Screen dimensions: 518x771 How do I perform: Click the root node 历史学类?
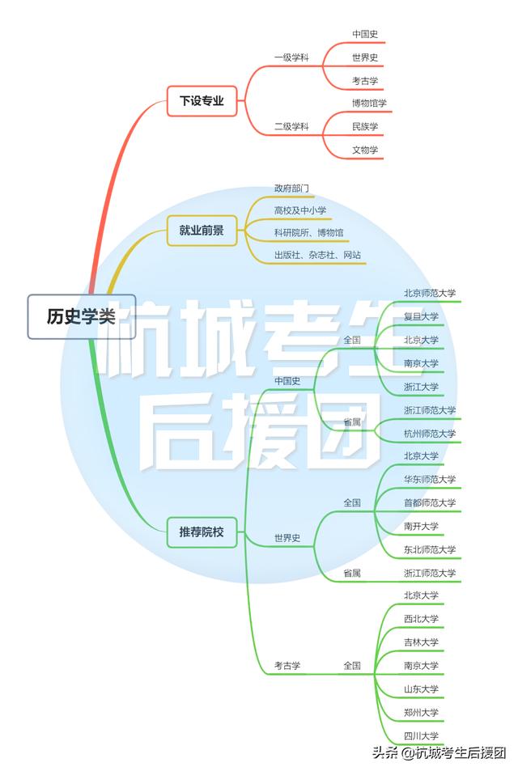(x=81, y=316)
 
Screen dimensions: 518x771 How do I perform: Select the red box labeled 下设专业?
(x=202, y=101)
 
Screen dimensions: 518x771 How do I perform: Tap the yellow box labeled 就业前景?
(x=202, y=230)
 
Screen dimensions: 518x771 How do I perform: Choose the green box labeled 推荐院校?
(x=202, y=532)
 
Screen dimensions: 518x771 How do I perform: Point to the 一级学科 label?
(x=291, y=57)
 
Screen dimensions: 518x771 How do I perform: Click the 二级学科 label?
(x=291, y=126)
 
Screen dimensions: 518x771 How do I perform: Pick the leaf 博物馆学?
(x=369, y=104)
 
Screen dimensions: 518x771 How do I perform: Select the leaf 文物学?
(x=365, y=150)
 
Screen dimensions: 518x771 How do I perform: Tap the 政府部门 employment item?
(x=291, y=189)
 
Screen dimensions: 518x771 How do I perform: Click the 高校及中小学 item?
(x=300, y=210)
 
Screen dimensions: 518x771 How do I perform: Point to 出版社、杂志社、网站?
(x=318, y=255)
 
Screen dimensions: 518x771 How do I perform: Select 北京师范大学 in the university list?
(x=430, y=293)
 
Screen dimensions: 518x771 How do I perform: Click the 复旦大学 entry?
(x=421, y=316)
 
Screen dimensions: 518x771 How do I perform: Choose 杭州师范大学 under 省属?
(x=430, y=434)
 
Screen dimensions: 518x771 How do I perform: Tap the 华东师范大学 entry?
(x=430, y=480)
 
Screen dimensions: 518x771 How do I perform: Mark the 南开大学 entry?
(x=421, y=526)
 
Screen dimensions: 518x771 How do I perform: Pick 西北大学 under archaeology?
(x=421, y=619)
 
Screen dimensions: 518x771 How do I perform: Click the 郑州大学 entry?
(x=421, y=713)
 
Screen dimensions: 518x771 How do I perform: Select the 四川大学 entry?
(x=421, y=736)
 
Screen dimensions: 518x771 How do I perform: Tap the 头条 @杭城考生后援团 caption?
(x=439, y=753)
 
